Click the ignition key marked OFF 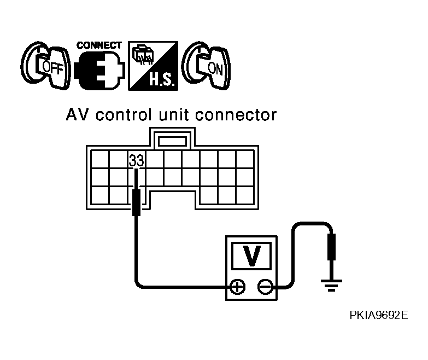point(45,66)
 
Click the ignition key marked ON point(207,66)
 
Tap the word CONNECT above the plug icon point(99,45)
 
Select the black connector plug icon point(99,71)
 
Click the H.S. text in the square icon point(161,80)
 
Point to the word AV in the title point(78,115)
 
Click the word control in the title point(124,115)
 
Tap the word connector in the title point(236,115)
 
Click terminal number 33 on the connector point(136,161)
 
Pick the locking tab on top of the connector point(173,141)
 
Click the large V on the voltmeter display point(251,256)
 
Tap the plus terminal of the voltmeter point(238,287)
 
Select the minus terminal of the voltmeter point(265,287)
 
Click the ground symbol point(331,286)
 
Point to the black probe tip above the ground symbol point(331,247)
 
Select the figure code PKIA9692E point(379,315)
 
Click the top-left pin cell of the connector point(100,160)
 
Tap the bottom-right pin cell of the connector point(245,195)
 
